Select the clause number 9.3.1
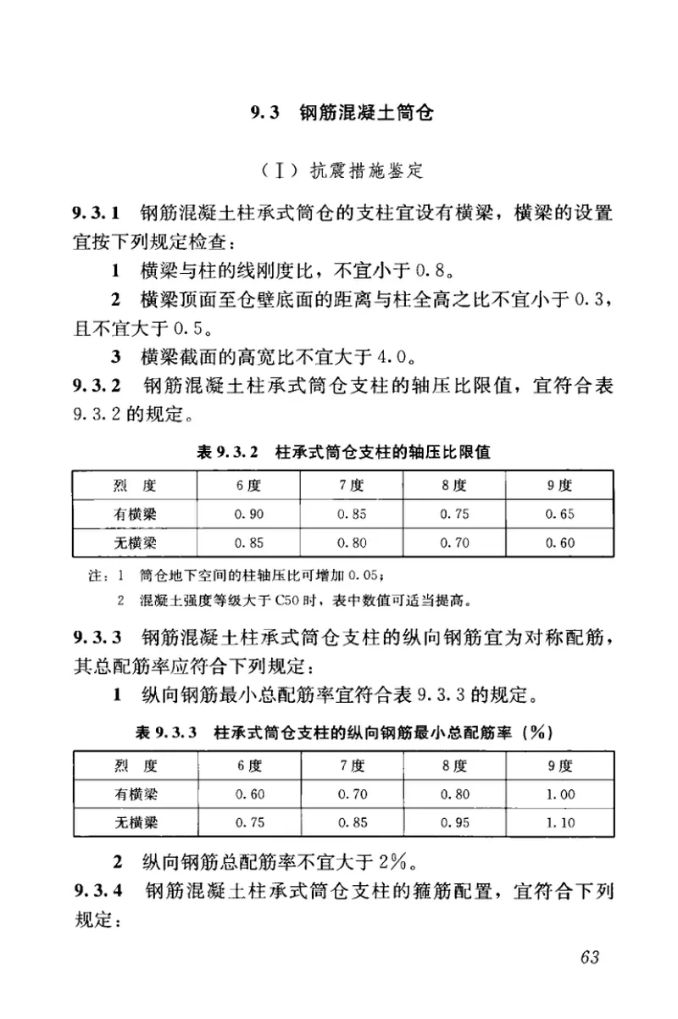(x=97, y=211)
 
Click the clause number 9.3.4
(x=97, y=890)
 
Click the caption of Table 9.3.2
(x=343, y=453)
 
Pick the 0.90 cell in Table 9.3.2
(x=249, y=515)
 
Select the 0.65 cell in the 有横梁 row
(x=560, y=515)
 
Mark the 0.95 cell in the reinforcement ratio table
(x=455, y=821)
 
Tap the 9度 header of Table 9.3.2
(x=560, y=486)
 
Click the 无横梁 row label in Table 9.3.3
(x=136, y=821)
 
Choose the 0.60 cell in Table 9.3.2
(x=560, y=543)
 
